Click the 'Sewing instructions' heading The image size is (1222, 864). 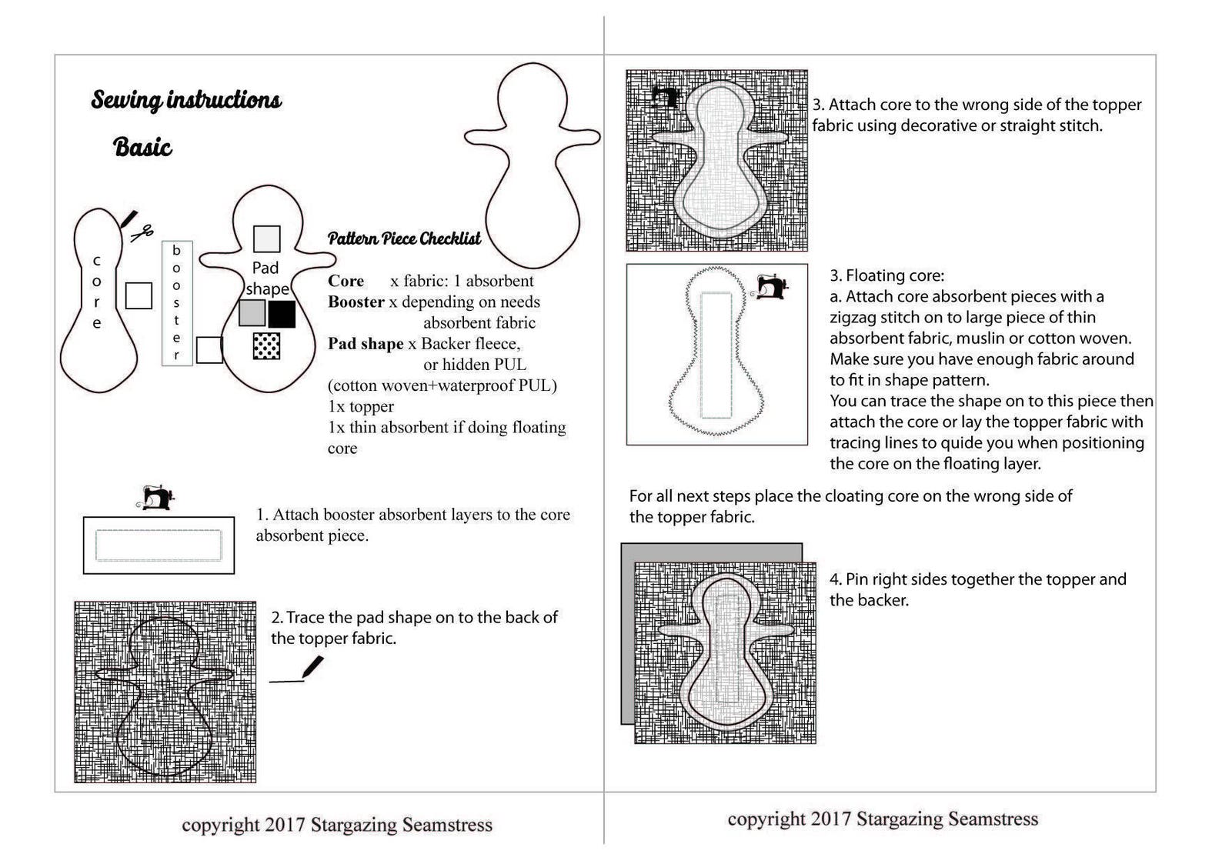point(186,100)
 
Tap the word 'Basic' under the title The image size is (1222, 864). point(142,147)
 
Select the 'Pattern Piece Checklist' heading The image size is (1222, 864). point(404,239)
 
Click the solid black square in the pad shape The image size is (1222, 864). point(282,314)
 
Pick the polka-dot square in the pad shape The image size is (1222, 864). point(266,346)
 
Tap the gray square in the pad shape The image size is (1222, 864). point(252,313)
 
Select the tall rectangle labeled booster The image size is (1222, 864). point(177,303)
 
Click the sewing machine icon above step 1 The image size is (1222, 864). point(158,498)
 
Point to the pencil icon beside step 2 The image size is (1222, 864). point(312,666)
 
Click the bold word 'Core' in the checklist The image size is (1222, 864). point(346,281)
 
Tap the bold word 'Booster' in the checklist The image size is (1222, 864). point(356,302)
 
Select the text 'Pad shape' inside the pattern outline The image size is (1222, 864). point(266,279)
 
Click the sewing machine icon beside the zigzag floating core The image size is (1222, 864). point(770,286)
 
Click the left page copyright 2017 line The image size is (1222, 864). point(337,825)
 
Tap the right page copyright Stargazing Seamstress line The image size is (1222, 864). point(883,819)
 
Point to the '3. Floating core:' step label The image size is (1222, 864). point(886,275)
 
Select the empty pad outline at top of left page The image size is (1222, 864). point(532,165)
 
